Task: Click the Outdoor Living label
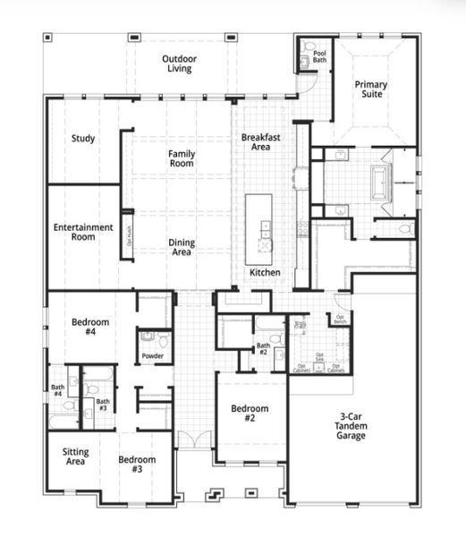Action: [179, 64]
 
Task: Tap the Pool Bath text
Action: [319, 57]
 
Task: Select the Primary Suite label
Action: [370, 89]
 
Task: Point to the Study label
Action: [84, 139]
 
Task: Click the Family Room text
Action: [182, 158]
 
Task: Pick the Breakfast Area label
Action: [260, 142]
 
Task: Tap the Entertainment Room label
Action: [83, 232]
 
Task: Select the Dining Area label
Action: [182, 247]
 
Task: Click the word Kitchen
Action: [265, 272]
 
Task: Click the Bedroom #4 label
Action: [90, 327]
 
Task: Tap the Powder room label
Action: [152, 356]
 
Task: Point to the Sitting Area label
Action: [75, 458]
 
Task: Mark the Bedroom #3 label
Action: [137, 465]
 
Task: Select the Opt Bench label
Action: [340, 319]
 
